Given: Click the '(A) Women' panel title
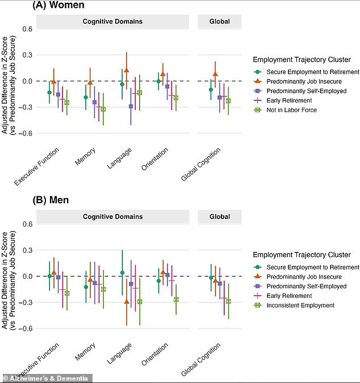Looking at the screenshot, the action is (x=58, y=5).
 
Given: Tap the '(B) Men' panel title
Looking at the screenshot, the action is (x=51, y=200).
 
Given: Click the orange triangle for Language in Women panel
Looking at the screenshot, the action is (x=127, y=70).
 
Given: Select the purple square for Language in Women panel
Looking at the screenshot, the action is (x=131, y=107).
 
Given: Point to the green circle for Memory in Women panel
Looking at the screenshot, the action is (x=86, y=97).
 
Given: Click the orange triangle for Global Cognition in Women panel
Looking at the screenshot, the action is (x=215, y=74).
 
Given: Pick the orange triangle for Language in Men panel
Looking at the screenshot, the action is (x=127, y=302).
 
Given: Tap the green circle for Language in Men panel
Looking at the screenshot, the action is (x=122, y=272).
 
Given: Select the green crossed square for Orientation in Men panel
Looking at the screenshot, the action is (x=176, y=300).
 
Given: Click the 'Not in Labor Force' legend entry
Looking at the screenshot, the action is (x=291, y=110).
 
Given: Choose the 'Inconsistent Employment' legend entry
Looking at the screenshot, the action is (x=300, y=305).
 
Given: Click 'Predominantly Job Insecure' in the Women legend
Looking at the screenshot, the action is (x=304, y=81).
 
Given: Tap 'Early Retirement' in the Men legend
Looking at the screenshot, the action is (x=289, y=296).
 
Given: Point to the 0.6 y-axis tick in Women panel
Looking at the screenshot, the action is (x=27, y=29).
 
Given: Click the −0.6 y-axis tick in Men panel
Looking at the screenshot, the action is (x=26, y=329).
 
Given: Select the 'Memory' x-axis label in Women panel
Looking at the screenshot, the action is (x=85, y=157).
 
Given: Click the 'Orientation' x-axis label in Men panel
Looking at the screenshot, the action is (x=154, y=354).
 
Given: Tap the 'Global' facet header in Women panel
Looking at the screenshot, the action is (x=220, y=22).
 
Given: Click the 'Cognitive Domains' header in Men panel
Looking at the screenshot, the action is (x=112, y=217).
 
